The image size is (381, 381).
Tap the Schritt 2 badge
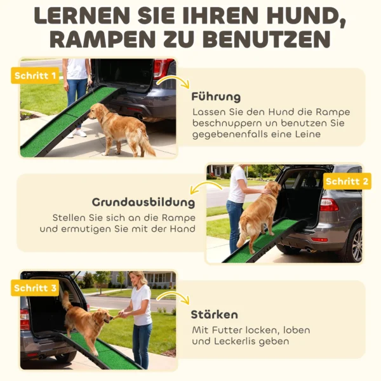point(347,181)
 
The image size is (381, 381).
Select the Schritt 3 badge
point(34,288)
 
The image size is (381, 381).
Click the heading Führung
point(216,97)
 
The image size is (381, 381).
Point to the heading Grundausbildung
point(144,203)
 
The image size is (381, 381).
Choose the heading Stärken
point(215,314)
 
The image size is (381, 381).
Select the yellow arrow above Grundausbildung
point(206,187)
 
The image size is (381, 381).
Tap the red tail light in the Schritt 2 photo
point(328,204)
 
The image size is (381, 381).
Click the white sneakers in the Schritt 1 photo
point(78,133)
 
